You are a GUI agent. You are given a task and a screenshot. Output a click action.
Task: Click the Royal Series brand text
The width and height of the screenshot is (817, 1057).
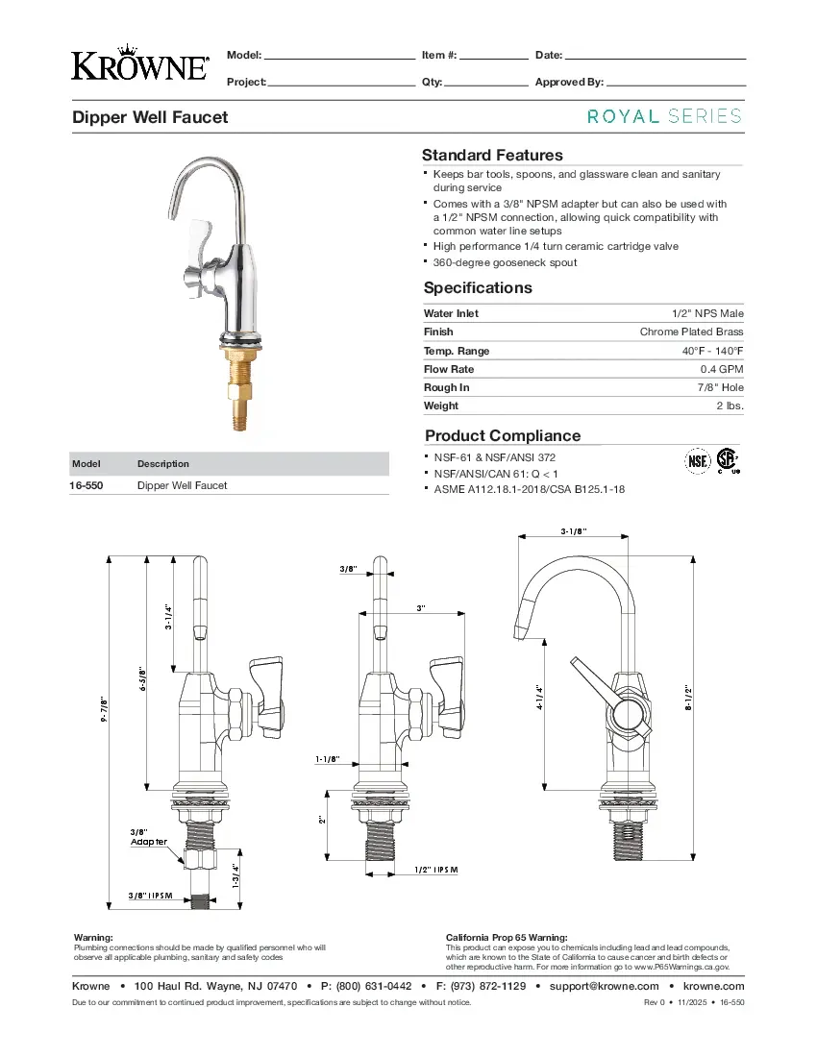664,116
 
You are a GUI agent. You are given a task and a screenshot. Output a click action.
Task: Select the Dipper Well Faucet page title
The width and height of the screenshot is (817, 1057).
150,117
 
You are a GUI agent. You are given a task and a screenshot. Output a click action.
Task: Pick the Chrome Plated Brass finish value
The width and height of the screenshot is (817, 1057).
691,332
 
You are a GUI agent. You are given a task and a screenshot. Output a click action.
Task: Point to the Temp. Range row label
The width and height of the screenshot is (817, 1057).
457,351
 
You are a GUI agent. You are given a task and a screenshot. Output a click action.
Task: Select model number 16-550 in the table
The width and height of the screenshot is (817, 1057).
87,486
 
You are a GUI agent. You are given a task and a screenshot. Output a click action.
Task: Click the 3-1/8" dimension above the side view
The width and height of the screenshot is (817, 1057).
575,532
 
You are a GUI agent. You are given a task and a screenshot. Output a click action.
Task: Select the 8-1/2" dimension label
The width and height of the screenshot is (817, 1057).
689,697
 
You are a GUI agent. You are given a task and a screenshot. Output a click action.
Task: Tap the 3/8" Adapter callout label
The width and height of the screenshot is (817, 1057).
148,836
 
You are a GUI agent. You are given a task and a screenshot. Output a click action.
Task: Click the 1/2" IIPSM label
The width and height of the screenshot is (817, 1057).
437,870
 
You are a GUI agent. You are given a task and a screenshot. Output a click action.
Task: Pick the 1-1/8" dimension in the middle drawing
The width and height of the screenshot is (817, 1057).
328,759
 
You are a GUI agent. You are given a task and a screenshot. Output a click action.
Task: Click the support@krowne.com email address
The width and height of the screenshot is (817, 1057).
604,986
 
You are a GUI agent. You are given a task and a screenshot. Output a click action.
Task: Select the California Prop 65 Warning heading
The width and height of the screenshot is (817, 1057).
507,937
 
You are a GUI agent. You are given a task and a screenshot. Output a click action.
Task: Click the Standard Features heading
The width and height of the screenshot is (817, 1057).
492,156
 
